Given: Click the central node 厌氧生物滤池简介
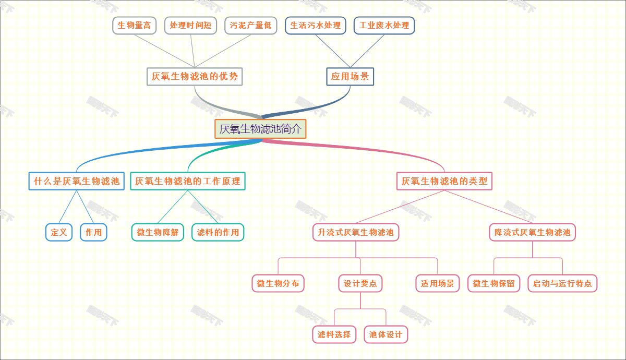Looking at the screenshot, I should point(260,129).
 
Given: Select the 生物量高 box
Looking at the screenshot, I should point(134,26).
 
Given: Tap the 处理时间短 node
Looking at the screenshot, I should point(190,26).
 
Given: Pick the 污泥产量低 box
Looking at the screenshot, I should point(251,26).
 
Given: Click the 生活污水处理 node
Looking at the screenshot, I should point(315,26).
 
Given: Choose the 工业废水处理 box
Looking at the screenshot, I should point(384,26).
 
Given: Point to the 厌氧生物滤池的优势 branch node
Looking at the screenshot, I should point(195,77).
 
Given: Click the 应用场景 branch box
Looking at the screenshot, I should point(350,77).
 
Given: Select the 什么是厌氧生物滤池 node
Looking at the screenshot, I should point(76,182).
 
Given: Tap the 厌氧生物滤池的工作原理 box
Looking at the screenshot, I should point(187,182).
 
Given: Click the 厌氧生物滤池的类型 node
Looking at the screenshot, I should point(444,182).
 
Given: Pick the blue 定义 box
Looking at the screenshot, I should point(59,232).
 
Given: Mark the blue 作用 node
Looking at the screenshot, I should point(93,232).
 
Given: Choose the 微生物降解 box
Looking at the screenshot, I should point(158,232).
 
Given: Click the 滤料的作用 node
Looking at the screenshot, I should point(218,232).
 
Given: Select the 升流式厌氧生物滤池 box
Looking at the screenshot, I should point(356,232).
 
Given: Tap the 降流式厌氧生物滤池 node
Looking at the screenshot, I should point(532,232).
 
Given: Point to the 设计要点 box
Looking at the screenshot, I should point(360,284).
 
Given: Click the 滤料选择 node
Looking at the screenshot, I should point(334,334).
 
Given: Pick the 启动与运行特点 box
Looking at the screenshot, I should point(562,284).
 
